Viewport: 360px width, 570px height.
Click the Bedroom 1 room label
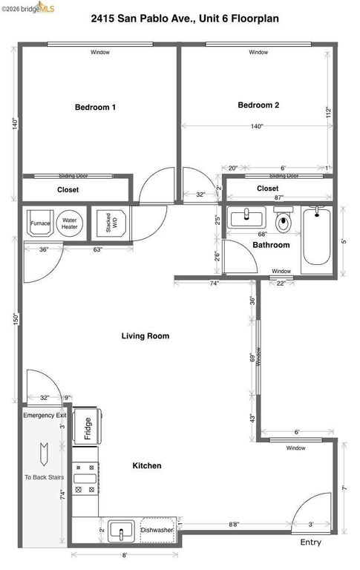(x=95, y=108)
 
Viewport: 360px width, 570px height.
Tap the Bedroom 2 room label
(x=258, y=105)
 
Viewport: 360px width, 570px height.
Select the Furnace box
(x=40, y=223)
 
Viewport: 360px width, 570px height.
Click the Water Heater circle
(x=70, y=223)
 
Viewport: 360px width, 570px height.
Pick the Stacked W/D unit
(x=108, y=223)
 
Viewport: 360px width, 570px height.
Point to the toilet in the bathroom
(x=283, y=221)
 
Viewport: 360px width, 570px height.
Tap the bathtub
(x=318, y=237)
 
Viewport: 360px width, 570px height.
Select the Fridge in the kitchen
(x=87, y=428)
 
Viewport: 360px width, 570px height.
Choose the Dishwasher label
(x=157, y=530)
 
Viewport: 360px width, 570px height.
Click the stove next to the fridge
(x=86, y=479)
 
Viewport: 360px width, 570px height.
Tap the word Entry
(x=310, y=543)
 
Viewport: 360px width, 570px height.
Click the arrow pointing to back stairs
(x=45, y=450)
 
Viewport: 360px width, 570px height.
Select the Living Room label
(x=145, y=336)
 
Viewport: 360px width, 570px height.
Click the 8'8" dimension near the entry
(x=232, y=525)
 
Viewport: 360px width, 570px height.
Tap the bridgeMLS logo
(x=30, y=8)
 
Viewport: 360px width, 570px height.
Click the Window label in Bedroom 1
(x=100, y=53)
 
